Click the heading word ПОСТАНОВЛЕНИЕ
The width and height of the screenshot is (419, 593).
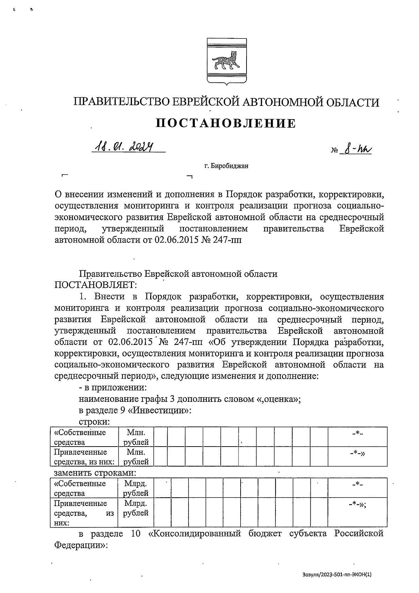tap(226, 123)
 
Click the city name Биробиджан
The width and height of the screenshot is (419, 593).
tap(230, 166)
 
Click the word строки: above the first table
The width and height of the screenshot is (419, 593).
tap(95, 422)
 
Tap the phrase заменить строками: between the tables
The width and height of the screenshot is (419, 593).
tap(95, 473)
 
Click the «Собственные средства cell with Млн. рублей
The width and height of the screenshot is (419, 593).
tap(84, 437)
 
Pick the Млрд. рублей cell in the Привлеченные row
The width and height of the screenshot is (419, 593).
tap(136, 508)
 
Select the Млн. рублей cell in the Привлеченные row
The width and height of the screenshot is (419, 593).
tap(136, 457)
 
